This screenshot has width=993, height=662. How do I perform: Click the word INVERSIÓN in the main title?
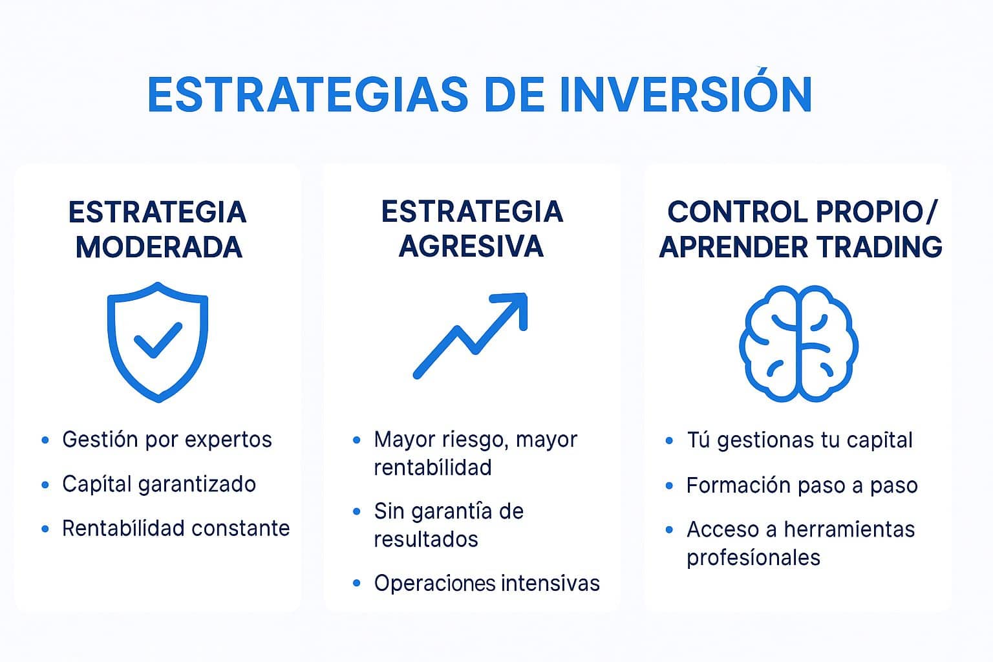(x=685, y=95)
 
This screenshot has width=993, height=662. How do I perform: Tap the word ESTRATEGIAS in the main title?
(x=308, y=95)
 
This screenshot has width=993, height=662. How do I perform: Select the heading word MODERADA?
(x=158, y=248)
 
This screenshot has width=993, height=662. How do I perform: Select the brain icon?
(x=799, y=343)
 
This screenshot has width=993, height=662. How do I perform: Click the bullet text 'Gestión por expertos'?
(x=167, y=440)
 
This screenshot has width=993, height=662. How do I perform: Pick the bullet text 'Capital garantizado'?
(x=159, y=484)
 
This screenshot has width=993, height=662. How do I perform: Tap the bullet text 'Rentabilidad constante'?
(x=176, y=528)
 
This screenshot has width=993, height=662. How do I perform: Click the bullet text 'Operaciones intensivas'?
(x=487, y=583)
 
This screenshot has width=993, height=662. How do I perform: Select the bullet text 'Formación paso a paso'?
(x=802, y=486)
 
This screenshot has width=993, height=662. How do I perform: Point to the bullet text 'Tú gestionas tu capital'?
(x=799, y=440)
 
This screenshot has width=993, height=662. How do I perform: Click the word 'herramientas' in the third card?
(x=849, y=529)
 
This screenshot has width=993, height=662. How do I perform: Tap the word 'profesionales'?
(x=753, y=557)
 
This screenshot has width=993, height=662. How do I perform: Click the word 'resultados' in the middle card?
(x=426, y=539)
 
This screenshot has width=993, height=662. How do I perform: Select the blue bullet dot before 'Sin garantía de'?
(x=357, y=511)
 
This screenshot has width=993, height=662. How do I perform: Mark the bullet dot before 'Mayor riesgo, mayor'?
(x=357, y=440)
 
